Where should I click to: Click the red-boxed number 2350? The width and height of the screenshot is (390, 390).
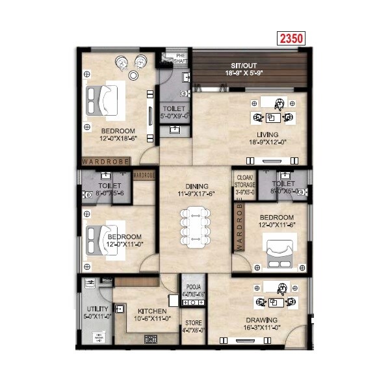(291, 38)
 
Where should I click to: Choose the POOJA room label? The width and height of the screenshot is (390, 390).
(192, 286)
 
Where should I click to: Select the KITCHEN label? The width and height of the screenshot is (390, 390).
(152, 311)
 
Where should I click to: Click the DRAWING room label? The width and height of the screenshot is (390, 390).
(262, 320)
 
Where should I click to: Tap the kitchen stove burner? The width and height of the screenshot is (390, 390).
(151, 339)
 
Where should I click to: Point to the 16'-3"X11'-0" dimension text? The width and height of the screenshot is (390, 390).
(262, 328)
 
